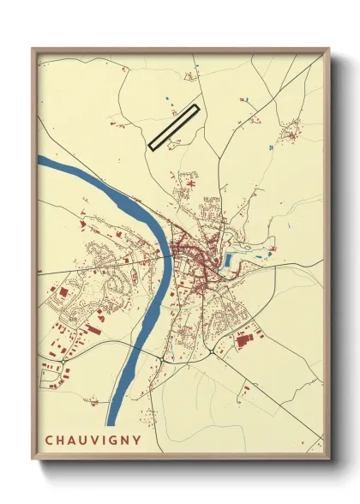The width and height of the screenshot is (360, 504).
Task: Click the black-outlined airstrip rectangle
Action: [x=173, y=127]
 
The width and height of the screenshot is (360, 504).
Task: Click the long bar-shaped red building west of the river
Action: [x=92, y=328]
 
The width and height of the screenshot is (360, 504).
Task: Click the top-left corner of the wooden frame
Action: [x=33, y=49]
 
